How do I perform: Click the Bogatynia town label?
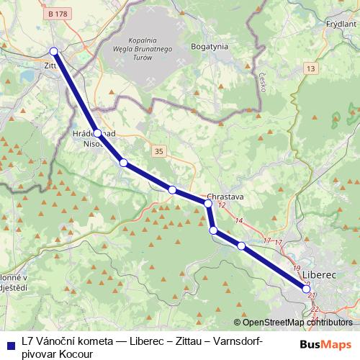coord(210,46)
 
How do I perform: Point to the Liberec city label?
coord(320,275)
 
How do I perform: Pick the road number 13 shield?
coord(310,68)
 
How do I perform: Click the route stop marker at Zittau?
coord(53,50)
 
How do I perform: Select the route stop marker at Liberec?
coord(307,289)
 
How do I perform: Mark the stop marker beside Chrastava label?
coord(208,204)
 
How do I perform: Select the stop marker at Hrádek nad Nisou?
coord(97,133)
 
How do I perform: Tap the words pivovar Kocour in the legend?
coord(56,354)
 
